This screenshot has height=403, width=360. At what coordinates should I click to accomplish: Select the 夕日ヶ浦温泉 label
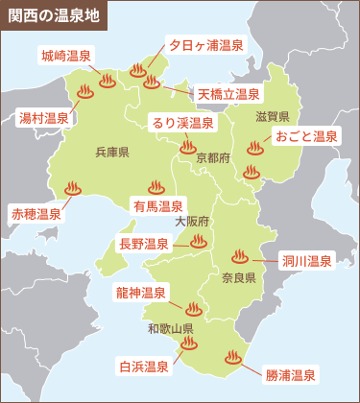click(x=205, y=45)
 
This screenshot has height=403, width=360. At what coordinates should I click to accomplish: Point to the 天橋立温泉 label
click(x=228, y=94)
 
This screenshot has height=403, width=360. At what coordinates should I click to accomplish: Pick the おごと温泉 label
click(x=306, y=136)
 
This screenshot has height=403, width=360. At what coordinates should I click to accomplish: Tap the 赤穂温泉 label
click(x=35, y=214)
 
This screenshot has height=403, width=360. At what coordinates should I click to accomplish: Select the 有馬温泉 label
click(x=158, y=206)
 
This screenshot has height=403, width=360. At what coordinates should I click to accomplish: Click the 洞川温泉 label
click(x=306, y=260)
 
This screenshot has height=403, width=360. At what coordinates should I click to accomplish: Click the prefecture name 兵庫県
click(x=112, y=152)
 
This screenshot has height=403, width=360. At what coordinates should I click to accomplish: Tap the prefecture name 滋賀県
click(x=273, y=116)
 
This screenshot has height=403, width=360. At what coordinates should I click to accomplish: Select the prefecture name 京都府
click(x=212, y=156)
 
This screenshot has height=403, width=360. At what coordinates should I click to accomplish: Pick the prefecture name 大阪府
click(x=192, y=221)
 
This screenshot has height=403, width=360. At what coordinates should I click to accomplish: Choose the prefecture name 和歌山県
click(x=171, y=328)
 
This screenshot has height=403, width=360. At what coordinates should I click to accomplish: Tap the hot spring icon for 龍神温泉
click(x=191, y=309)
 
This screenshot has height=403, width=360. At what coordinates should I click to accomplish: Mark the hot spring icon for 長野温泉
click(x=198, y=241)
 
